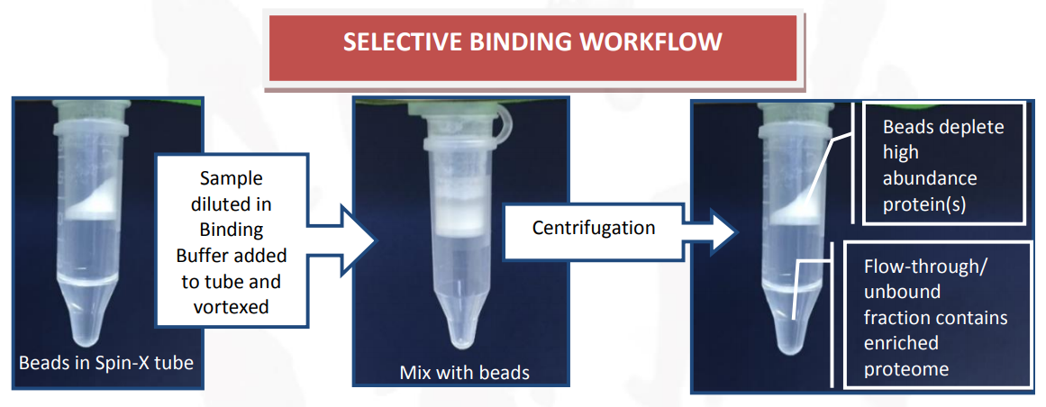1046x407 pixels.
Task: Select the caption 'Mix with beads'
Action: click(x=464, y=372)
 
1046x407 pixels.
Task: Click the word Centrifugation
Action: click(x=594, y=228)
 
